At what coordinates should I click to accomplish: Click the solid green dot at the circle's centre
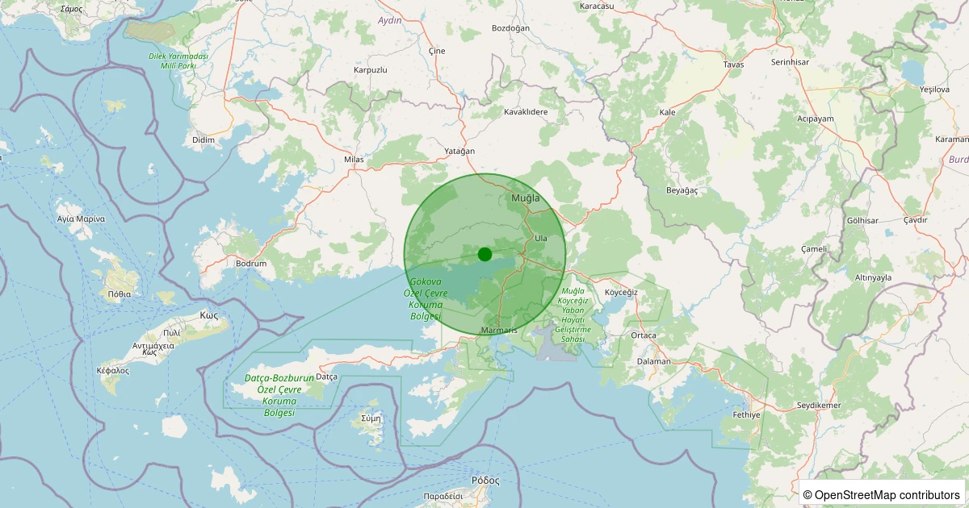(484, 254)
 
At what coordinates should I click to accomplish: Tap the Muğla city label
(526, 198)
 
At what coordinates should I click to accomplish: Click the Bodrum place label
(251, 264)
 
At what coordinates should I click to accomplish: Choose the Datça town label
(327, 377)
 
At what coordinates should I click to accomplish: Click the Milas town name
(354, 160)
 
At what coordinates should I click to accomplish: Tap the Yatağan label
(459, 151)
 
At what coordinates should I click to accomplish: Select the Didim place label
(203, 139)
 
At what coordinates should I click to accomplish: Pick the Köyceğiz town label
(621, 292)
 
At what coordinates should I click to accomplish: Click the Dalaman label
(654, 361)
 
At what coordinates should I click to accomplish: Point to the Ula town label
(541, 238)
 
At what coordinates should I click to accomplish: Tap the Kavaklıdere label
(526, 112)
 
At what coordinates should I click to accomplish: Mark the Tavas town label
(733, 64)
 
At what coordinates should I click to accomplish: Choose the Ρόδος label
(486, 480)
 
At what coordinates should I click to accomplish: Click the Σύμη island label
(371, 418)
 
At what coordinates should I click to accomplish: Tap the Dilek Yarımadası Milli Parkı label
(178, 60)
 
